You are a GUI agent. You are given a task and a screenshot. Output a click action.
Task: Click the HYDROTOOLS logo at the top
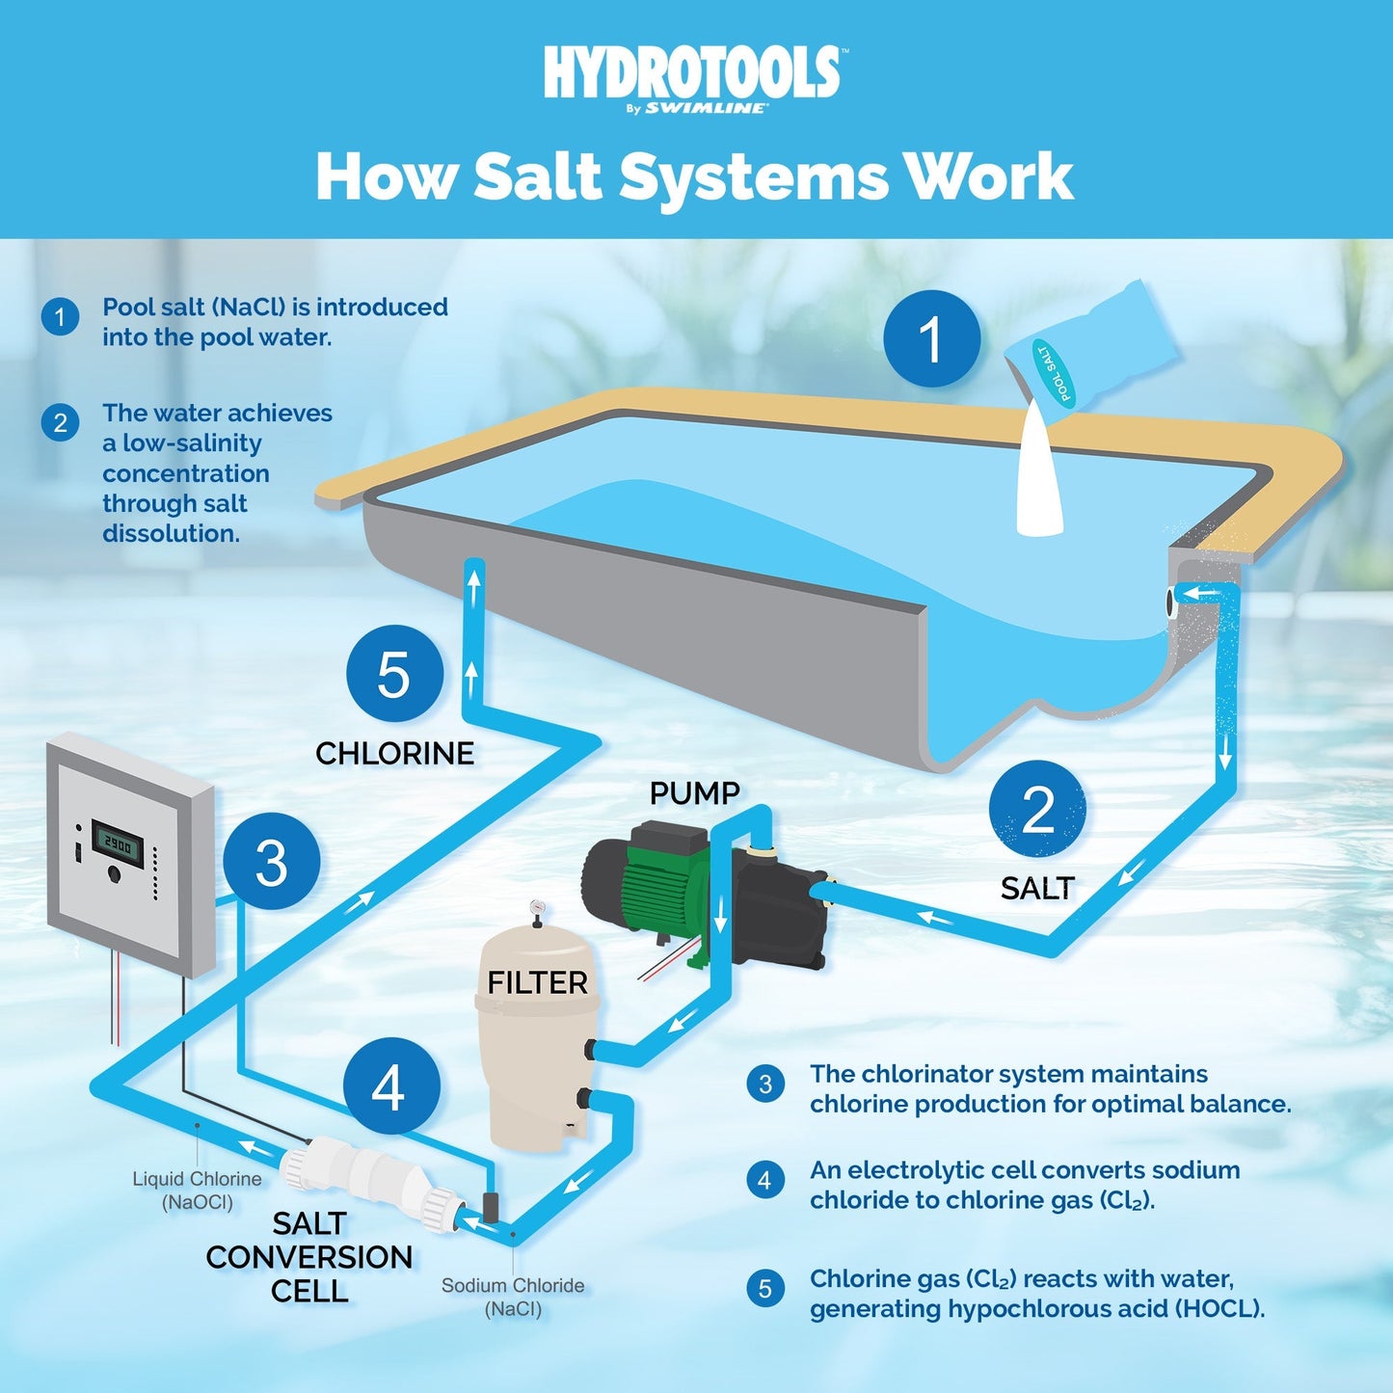click(x=692, y=75)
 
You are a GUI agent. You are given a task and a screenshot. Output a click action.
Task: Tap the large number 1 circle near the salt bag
click(x=931, y=339)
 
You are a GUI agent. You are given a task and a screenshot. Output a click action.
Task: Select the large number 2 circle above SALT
click(x=1037, y=809)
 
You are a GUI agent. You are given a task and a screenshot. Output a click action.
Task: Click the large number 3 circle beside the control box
click(x=271, y=862)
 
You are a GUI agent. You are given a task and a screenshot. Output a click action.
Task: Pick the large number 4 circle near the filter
click(x=390, y=1087)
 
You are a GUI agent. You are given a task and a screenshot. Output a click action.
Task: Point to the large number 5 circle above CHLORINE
click(x=394, y=674)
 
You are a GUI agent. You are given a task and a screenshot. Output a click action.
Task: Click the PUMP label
click(x=694, y=793)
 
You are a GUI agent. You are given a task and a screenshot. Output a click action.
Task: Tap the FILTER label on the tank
click(x=537, y=983)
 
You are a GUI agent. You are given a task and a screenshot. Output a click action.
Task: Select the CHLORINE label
click(x=394, y=753)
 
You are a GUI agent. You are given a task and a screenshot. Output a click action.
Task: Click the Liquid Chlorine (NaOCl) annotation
click(x=197, y=1191)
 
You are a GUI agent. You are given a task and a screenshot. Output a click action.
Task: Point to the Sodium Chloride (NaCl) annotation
click(x=513, y=1297)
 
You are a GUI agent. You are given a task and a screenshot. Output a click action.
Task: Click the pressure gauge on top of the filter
click(x=536, y=908)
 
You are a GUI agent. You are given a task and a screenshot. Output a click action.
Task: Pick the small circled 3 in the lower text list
click(x=765, y=1085)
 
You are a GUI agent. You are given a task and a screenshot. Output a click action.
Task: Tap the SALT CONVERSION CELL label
click(x=308, y=1257)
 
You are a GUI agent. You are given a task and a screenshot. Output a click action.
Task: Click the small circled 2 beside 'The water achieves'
click(x=60, y=422)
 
